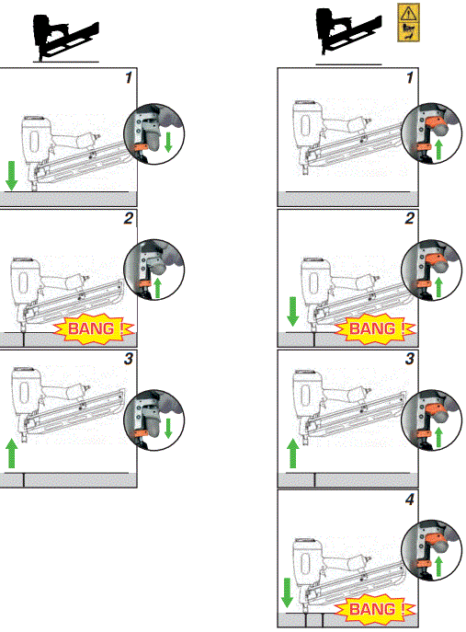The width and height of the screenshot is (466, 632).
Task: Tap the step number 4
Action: point(410,500)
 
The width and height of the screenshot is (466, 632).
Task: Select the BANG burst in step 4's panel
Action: point(376,609)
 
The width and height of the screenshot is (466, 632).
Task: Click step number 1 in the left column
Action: point(129,79)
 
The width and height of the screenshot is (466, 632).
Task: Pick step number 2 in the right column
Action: point(410,218)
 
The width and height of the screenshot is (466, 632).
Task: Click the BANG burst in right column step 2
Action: point(376,327)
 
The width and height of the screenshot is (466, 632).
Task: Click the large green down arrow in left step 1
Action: point(12,174)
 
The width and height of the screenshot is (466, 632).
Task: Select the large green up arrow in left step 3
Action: point(12,454)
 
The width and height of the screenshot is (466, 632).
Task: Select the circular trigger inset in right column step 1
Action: point(434,135)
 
